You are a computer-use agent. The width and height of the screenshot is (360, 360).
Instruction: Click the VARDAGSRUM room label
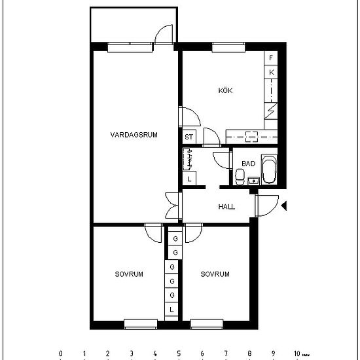134,135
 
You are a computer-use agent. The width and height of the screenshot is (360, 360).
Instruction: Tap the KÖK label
225,91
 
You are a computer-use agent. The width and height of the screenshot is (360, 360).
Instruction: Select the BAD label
248,164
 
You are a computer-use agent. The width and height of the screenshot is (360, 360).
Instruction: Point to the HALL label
226,207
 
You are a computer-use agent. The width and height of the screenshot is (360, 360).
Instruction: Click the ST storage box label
189,137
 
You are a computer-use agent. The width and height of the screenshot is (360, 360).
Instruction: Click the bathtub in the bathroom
268,170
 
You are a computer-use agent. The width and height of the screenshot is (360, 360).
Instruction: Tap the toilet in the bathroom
240,175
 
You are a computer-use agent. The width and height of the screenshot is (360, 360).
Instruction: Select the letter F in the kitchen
272,58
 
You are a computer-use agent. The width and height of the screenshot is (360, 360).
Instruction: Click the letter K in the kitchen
272,72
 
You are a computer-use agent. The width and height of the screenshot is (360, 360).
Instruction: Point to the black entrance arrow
283,206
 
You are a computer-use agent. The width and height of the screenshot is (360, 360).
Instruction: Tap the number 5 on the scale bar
178,353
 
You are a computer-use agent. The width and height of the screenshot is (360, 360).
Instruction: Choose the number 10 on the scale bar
297,353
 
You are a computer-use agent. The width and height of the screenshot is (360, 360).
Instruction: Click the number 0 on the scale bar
60,353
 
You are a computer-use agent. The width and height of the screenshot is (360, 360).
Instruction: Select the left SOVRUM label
128,274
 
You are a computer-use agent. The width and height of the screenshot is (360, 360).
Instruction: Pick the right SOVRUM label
215,274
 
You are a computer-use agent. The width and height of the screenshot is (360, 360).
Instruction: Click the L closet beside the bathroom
190,178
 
